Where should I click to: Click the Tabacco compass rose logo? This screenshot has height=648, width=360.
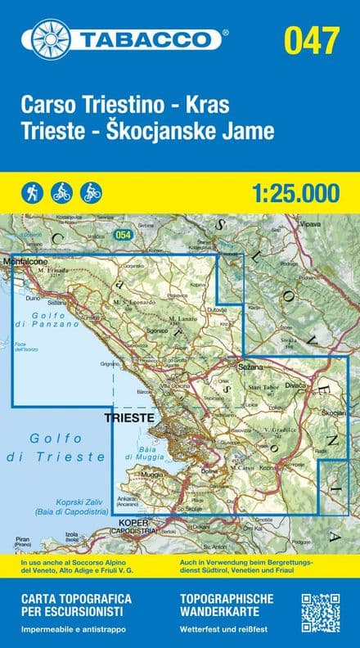[49, 38]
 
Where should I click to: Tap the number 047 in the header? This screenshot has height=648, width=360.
[311, 38]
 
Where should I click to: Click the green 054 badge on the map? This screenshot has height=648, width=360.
[124, 235]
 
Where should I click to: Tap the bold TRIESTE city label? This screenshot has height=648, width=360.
[129, 417]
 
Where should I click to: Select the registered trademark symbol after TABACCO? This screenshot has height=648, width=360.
[225, 33]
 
